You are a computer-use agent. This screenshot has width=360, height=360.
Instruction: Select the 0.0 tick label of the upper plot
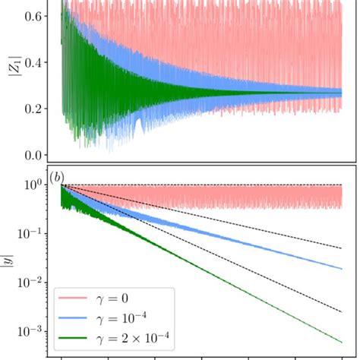pyautogui.click(x=33, y=156)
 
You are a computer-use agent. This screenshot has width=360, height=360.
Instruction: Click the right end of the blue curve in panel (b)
pyautogui.click(x=353, y=267)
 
